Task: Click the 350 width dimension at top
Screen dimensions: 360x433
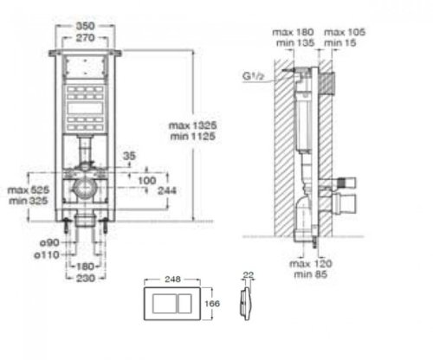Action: click(x=83, y=16)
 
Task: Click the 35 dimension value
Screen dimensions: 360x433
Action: click(x=130, y=157)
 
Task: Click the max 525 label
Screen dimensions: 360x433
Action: click(x=26, y=189)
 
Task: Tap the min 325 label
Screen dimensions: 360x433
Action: click(x=26, y=200)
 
